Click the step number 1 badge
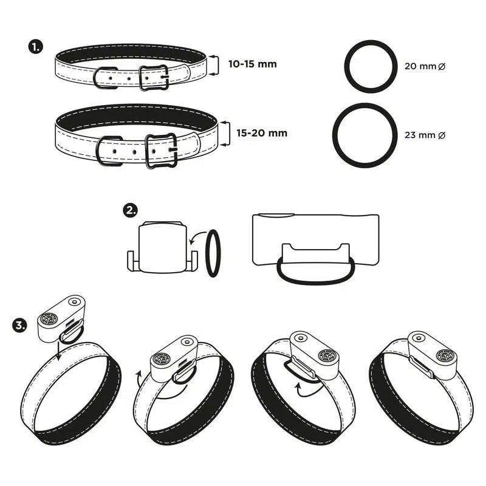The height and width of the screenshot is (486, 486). click(35, 47)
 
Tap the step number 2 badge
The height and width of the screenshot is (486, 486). click(130, 210)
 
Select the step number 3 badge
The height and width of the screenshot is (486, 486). click(20, 326)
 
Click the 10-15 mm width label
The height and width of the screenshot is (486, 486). click(252, 64)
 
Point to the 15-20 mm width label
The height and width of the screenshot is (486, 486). click(262, 133)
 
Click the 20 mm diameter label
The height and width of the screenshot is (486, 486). click(425, 66)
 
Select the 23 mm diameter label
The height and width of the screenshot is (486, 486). click(425, 135)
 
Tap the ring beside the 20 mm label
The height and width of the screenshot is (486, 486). click(346, 66)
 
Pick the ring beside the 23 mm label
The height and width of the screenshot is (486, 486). click(335, 135)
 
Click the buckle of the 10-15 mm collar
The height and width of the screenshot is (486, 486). click(141, 78)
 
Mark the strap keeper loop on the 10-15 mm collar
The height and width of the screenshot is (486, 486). click(95, 78)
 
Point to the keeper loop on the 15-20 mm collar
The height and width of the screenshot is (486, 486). click(98, 151)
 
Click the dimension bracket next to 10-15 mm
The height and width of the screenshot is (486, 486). click(218, 66)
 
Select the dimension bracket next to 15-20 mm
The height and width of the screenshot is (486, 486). click(229, 134)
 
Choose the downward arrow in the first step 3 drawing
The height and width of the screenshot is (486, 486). click(58, 350)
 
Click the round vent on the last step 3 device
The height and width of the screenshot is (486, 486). click(445, 355)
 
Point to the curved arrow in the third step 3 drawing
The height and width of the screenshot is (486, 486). click(306, 394)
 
